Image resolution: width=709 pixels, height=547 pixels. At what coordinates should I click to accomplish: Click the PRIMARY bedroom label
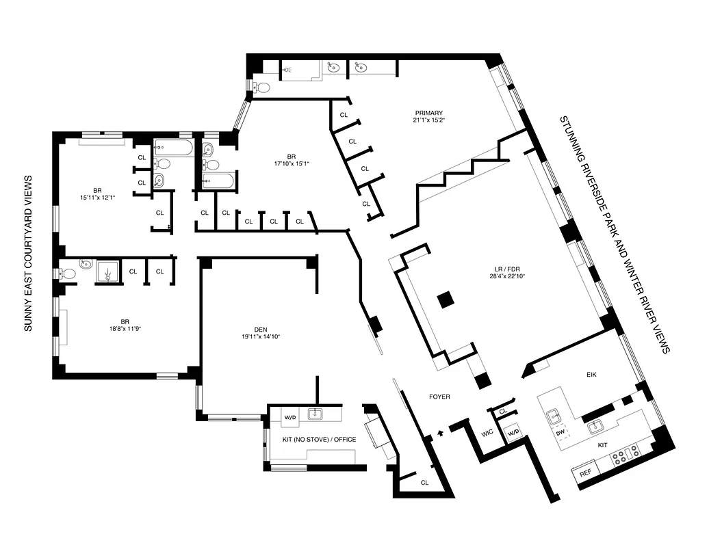click(428, 114)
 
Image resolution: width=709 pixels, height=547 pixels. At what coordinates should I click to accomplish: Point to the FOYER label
click(439, 397)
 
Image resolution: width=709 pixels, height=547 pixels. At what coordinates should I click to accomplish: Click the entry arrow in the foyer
click(441, 432)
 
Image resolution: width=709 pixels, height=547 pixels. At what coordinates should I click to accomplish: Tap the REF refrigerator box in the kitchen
click(586, 472)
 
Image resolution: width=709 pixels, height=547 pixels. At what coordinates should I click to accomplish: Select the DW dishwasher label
click(559, 433)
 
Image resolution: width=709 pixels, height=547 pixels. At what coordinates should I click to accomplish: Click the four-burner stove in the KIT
click(626, 455)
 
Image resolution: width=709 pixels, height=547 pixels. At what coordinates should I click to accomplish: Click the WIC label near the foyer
click(488, 433)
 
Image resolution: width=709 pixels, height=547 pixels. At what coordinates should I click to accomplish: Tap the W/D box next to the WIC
click(513, 433)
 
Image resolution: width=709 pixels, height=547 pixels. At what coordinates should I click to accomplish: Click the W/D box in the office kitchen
click(289, 416)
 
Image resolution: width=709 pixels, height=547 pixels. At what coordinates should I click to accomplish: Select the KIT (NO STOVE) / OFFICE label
click(320, 440)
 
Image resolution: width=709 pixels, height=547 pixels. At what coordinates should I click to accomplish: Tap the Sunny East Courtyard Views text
click(29, 254)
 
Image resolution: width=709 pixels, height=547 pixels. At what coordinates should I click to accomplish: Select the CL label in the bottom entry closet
click(424, 483)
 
